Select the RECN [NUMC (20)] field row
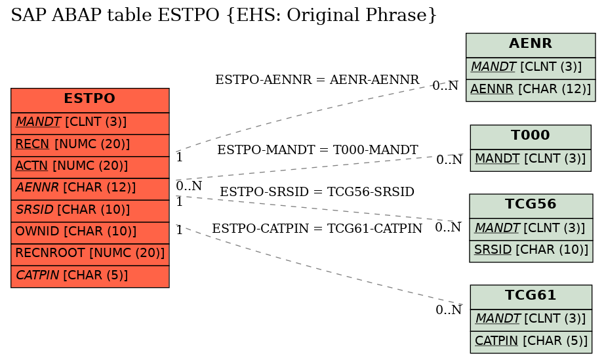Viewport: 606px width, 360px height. click(x=90, y=145)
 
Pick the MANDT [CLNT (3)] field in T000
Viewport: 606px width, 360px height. click(x=531, y=160)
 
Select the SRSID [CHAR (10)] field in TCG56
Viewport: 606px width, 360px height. click(x=531, y=251)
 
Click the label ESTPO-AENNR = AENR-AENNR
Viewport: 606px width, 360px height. click(x=317, y=79)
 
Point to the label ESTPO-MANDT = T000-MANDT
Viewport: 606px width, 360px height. click(x=317, y=150)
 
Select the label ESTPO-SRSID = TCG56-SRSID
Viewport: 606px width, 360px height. click(x=317, y=191)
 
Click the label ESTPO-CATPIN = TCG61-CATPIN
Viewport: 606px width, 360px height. click(x=317, y=228)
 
